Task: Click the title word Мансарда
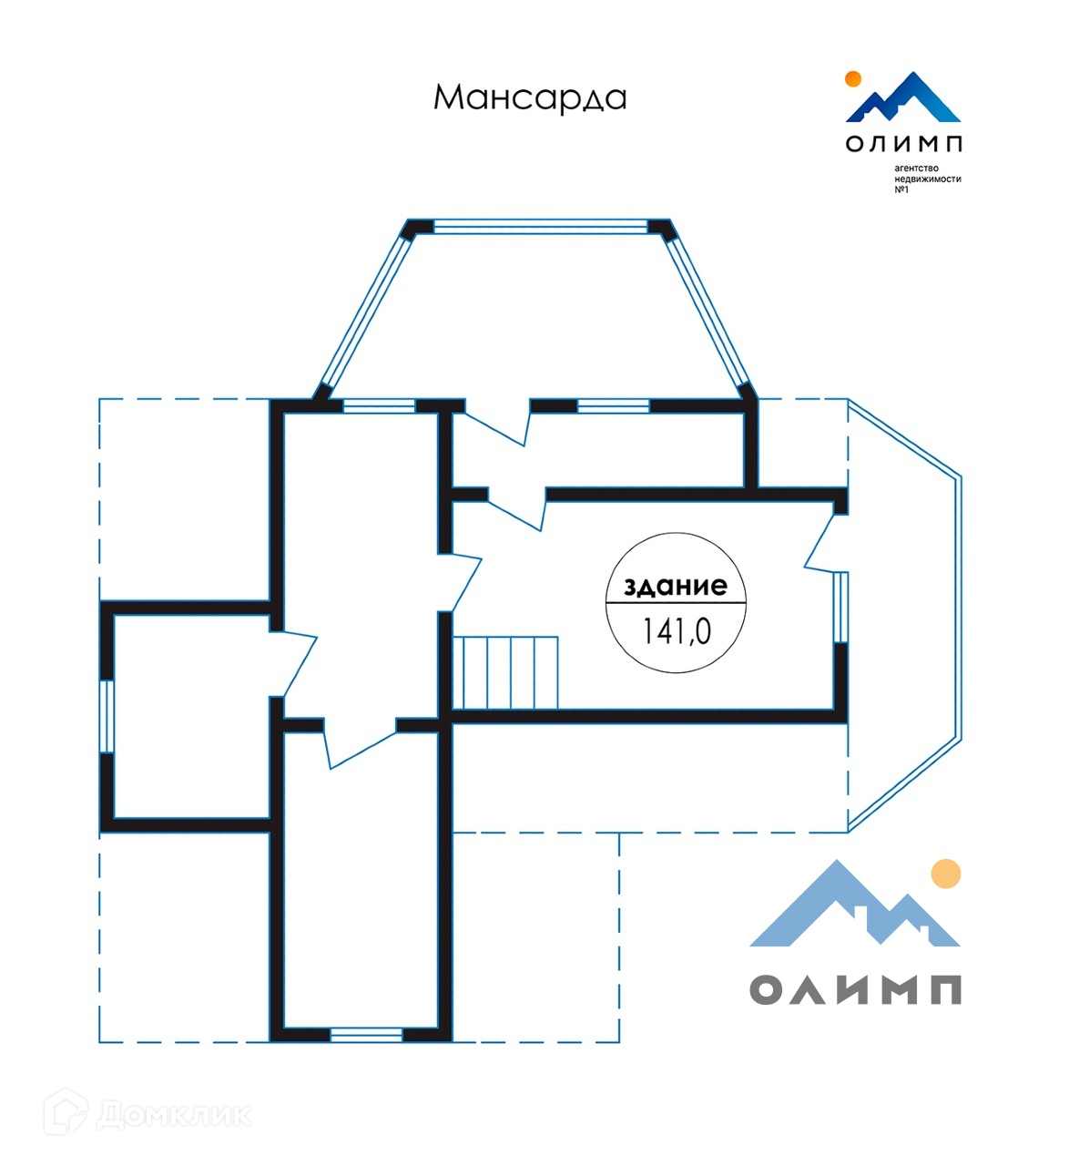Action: [x=530, y=97]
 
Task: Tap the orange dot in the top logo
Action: [x=853, y=78]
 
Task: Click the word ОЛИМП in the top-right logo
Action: [x=903, y=143]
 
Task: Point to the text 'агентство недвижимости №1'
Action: [x=927, y=179]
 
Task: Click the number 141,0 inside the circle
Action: [x=676, y=630]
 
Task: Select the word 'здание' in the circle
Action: [x=676, y=586]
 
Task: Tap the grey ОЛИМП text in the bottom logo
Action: [x=856, y=988]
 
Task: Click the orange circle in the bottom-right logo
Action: [x=947, y=874]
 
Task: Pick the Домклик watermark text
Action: [x=173, y=1114]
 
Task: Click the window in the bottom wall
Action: [x=366, y=1035]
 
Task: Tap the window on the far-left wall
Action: [x=107, y=716]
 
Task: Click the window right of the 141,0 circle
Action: [x=841, y=608]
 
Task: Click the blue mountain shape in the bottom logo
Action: [x=820, y=911]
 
